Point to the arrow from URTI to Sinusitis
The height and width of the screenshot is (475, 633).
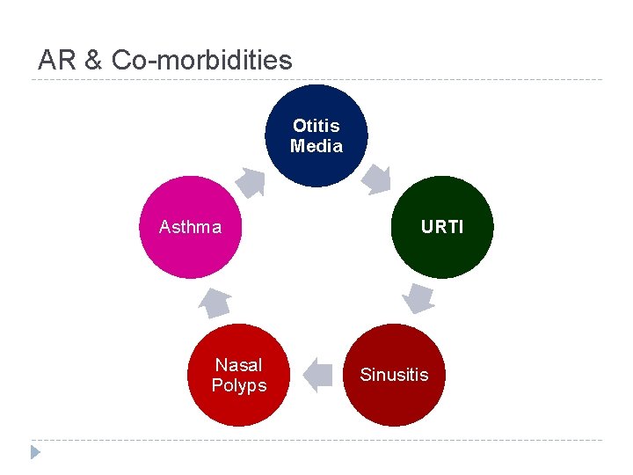pyautogui.click(x=417, y=297)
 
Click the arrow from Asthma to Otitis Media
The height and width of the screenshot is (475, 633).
pyautogui.click(x=251, y=181)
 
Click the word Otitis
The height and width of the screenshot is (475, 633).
pyautogui.click(x=316, y=126)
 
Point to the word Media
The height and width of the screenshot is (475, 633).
pyautogui.click(x=316, y=146)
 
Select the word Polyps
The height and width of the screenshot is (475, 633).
pyautogui.click(x=239, y=385)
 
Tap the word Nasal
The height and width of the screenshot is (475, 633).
pyautogui.click(x=239, y=365)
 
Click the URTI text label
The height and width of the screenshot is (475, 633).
pyautogui.click(x=442, y=227)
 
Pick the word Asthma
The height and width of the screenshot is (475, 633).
pyautogui.click(x=191, y=227)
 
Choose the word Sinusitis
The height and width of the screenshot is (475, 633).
pyautogui.click(x=394, y=375)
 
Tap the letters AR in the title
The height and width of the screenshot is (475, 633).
pyautogui.click(x=54, y=60)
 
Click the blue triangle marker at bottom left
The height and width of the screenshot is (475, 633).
pyautogui.click(x=35, y=453)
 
